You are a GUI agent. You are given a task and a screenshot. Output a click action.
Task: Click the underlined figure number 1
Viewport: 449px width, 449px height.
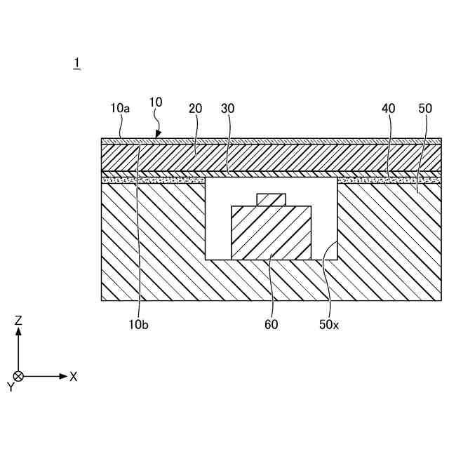76,63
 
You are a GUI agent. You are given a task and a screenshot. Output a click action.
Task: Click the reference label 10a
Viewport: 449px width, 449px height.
120,108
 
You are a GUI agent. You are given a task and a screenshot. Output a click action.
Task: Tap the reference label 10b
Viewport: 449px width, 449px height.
139,324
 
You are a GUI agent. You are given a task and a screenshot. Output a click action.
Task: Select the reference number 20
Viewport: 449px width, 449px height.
195,108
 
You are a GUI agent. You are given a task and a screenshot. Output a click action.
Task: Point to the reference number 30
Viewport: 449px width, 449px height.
227,108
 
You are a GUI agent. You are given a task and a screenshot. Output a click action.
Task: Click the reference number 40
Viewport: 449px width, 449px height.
388,108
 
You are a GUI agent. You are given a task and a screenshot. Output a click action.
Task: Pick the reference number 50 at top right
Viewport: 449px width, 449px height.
425,108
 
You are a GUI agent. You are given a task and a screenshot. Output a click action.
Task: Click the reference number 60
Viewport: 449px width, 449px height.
271,324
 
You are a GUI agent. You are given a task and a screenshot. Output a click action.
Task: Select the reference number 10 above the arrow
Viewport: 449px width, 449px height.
156,102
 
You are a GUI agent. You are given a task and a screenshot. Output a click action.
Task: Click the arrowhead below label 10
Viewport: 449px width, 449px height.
159,134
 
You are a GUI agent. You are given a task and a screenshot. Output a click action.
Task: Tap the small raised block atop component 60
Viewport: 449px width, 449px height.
271,199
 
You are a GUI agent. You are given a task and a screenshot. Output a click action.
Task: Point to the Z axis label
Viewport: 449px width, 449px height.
19,321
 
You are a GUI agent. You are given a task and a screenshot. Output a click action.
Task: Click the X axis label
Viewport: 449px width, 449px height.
74,377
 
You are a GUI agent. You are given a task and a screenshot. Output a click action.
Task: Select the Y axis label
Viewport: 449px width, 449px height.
11,387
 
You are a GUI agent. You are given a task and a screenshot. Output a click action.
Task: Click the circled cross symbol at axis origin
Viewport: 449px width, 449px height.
19,377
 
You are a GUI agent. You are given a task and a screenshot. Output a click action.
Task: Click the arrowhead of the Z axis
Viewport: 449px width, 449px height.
19,331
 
